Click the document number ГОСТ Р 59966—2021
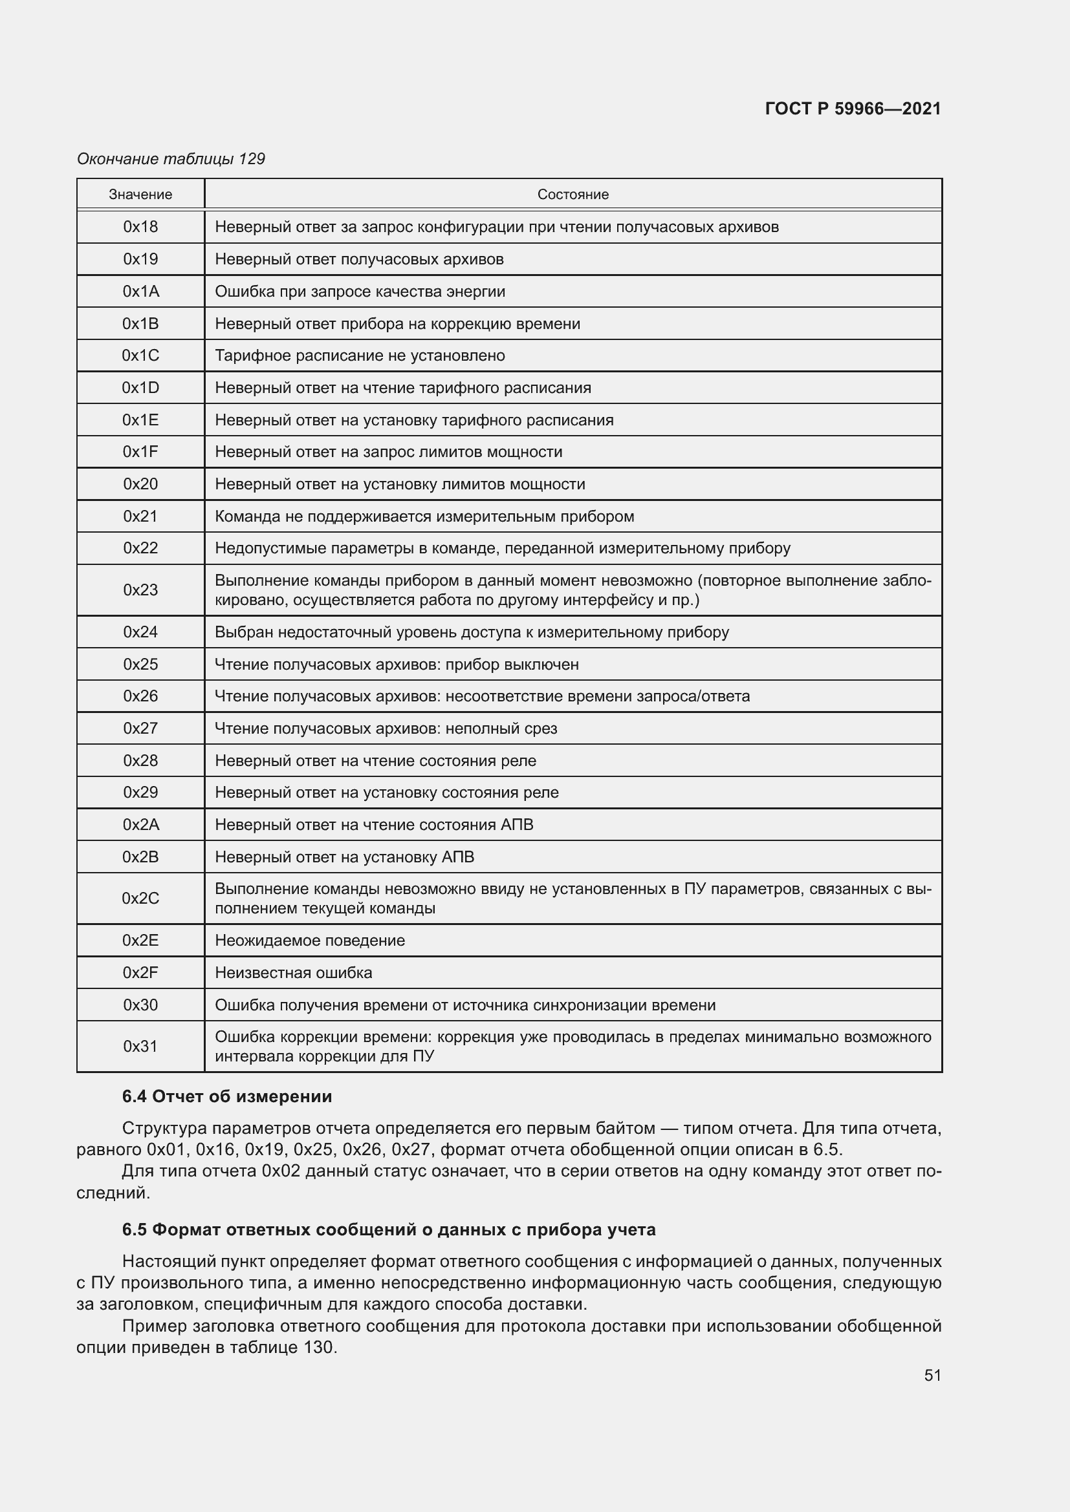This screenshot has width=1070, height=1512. (x=853, y=109)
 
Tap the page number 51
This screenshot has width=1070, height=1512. (x=932, y=1375)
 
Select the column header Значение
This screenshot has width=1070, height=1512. (x=140, y=195)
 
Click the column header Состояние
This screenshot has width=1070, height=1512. (x=573, y=195)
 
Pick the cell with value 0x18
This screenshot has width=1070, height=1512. (x=140, y=227)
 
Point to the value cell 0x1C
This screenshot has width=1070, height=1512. (x=140, y=356)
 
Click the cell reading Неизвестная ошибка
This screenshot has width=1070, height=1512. (x=293, y=973)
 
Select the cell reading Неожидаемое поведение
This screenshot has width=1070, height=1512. (x=310, y=941)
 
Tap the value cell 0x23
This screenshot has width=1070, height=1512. (x=140, y=590)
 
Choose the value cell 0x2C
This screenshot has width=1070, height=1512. (x=140, y=899)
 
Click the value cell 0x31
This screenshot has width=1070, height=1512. (x=140, y=1047)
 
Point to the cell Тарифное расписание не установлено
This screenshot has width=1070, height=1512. (x=360, y=356)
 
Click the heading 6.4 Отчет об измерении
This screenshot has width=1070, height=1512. (x=226, y=1096)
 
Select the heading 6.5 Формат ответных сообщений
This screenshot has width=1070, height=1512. (x=389, y=1230)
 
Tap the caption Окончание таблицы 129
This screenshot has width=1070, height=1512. (x=171, y=159)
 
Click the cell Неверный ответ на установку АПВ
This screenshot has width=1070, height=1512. (x=344, y=857)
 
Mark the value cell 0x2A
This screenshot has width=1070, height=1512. (x=140, y=824)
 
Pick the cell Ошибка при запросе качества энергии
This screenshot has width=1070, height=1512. (x=360, y=291)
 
